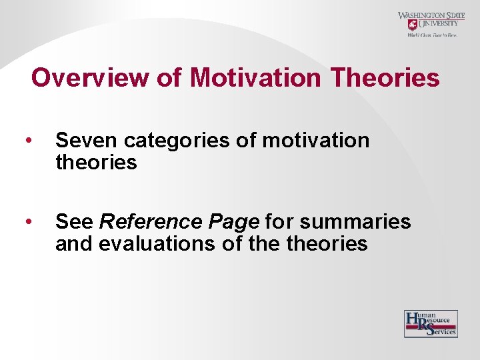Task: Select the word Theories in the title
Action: [385, 78]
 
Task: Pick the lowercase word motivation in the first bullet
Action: [315, 141]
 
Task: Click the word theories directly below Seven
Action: [96, 162]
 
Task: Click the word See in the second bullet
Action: [75, 221]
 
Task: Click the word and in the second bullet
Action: [75, 243]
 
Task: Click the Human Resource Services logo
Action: [431, 324]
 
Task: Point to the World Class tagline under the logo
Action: [432, 35]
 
